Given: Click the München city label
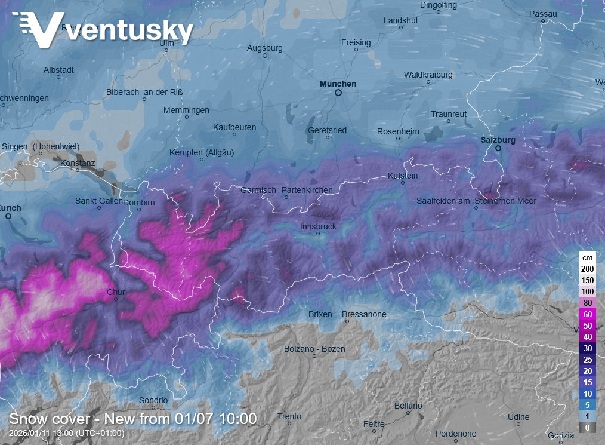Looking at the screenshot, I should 338,84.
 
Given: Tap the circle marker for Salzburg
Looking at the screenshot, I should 498,148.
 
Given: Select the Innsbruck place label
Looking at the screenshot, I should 318,226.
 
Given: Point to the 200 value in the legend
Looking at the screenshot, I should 587,269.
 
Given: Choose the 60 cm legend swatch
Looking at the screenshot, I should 587,314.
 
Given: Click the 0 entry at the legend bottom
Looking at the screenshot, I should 587,428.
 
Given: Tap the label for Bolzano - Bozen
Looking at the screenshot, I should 314,349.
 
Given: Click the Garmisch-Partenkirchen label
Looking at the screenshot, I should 286,190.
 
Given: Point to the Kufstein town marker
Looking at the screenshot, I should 402,184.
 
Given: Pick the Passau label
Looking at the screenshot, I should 543,14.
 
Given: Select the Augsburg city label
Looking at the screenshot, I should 264,47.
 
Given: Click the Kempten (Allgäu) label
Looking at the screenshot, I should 202,152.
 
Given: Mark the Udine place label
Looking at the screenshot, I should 518,417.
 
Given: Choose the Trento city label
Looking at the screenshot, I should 289,416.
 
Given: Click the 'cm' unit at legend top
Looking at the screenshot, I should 587,257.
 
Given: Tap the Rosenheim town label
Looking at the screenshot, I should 398,131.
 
